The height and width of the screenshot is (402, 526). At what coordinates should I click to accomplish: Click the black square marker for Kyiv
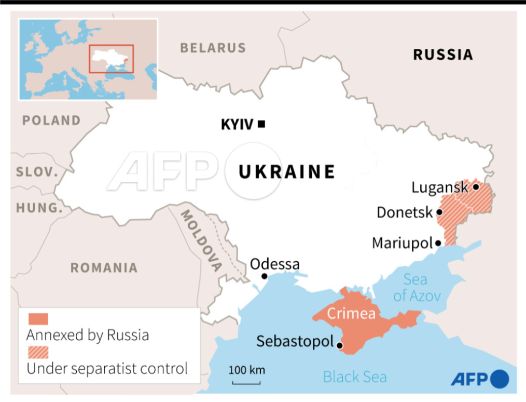pos(261,124)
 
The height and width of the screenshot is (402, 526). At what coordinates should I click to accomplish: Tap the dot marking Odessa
pos(264,276)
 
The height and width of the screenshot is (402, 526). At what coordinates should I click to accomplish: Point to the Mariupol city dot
pos(438,243)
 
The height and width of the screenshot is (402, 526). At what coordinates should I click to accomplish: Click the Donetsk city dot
pos(439,212)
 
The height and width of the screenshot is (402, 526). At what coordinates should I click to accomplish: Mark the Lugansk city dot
pos(475,186)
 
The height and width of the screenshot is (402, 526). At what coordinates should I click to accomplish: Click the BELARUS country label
pos(213,48)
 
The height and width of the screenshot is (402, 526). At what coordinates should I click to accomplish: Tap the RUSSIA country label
pos(443,54)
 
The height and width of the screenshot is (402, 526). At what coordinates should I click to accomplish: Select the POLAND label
pos(51,120)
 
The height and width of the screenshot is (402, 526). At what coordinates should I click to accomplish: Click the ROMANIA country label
pos(104,267)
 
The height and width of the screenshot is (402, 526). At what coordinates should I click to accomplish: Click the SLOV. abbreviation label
pos(37,172)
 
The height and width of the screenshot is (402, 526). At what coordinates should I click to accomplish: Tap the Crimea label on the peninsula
pos(351,314)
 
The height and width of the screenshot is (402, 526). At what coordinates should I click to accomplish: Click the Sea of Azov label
pos(416,288)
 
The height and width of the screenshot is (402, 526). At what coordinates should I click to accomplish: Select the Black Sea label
pos(355,377)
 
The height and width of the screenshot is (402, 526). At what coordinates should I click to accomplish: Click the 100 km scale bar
pos(246,383)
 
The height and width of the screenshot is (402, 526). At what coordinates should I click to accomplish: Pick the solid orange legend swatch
pos(38,318)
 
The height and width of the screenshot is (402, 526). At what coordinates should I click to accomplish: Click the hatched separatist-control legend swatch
pos(38,352)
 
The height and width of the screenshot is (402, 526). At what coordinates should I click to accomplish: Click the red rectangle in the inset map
pos(111,59)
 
